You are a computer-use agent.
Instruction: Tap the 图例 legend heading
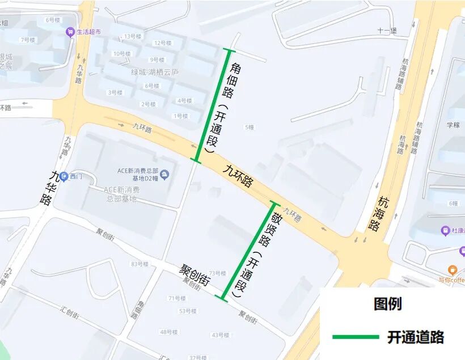tap(387, 304)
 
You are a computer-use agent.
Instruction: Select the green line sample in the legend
tap(355, 337)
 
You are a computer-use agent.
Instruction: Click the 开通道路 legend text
tap(415, 337)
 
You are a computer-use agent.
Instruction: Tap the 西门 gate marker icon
tap(64, 176)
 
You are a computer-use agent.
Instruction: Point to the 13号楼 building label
tap(133, 37)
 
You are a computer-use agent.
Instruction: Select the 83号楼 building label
tap(139, 264)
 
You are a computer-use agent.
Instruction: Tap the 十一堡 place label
tap(387, 31)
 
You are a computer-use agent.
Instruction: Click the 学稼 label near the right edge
tap(453, 125)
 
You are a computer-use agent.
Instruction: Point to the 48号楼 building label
tap(169, 332)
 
